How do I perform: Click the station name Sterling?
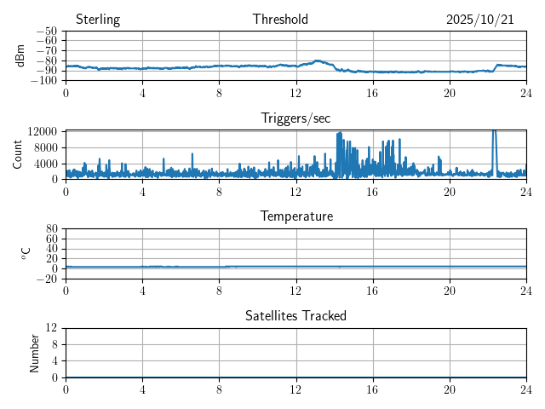98,20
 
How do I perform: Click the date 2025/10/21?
480,20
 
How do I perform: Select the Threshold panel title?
280,20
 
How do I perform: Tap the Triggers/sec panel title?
295,118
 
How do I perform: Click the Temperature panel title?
296,216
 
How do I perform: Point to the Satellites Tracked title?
295,315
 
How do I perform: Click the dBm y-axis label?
20,55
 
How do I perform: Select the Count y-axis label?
18,154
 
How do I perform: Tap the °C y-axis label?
26,253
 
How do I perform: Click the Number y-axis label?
35,352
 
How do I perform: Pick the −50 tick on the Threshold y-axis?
47,31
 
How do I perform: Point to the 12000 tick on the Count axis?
42,131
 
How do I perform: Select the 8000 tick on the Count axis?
44,147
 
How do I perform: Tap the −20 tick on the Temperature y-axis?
47,279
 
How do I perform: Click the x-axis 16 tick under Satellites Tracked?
373,389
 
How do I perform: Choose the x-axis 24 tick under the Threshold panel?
526,92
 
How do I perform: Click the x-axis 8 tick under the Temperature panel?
220,290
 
